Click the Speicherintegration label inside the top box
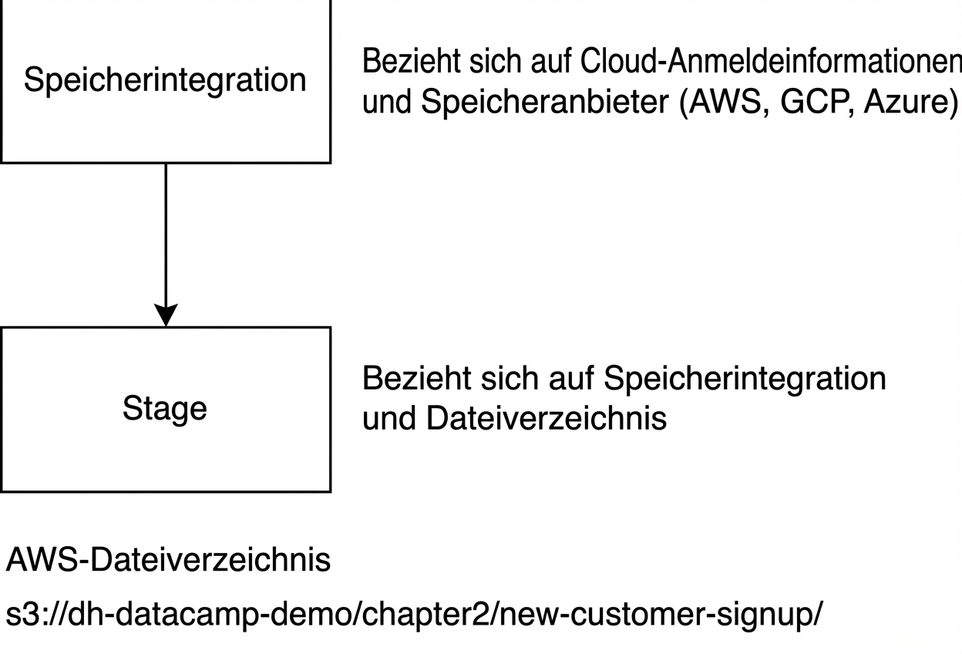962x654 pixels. pyautogui.click(x=165, y=80)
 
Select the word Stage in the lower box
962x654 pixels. pyautogui.click(x=165, y=408)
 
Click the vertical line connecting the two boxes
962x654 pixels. pyautogui.click(x=166, y=231)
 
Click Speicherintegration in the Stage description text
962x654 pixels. pyautogui.click(x=745, y=379)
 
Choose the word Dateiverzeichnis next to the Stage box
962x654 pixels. pyautogui.click(x=546, y=419)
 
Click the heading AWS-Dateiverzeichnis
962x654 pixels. pyautogui.click(x=168, y=561)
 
